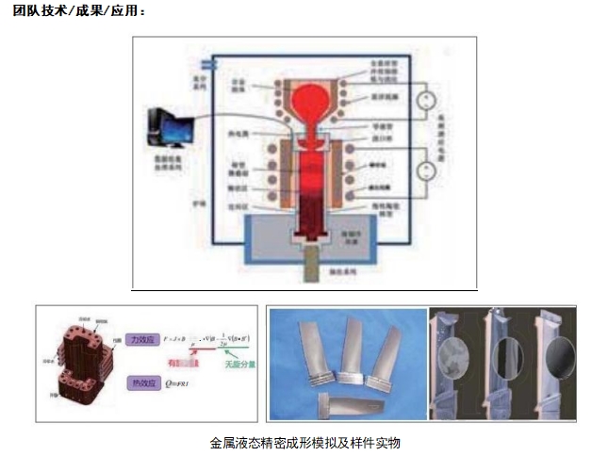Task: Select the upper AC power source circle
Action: pyautogui.click(x=426, y=98)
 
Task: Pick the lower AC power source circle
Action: pyautogui.click(x=425, y=171)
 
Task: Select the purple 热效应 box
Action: pyautogui.click(x=141, y=383)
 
